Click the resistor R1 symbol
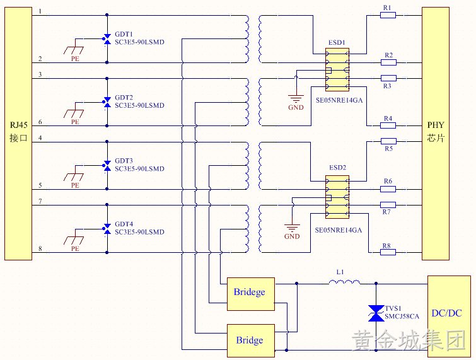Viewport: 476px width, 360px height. [388, 15]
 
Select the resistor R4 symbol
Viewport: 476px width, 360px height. [388, 125]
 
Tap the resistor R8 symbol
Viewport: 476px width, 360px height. [388, 252]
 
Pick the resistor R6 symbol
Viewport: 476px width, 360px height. [388, 189]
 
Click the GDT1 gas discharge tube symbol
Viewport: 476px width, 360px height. [107, 39]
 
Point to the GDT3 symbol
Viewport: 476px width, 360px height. [107, 166]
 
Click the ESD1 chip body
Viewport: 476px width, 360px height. [337, 69]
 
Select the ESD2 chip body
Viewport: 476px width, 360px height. [337, 197]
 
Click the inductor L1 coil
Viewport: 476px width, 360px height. [345, 282]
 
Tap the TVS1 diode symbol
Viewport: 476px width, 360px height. [376, 313]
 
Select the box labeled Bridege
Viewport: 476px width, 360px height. [251, 294]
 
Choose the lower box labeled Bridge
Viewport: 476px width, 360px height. [251, 340]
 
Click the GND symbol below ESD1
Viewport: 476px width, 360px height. [296, 98]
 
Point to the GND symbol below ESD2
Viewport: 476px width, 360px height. [292, 228]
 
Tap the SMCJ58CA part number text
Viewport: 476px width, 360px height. [402, 316]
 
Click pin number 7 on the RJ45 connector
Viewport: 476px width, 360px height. [40, 201]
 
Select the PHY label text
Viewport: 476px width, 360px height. [436, 125]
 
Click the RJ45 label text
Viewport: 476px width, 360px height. [18, 125]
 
